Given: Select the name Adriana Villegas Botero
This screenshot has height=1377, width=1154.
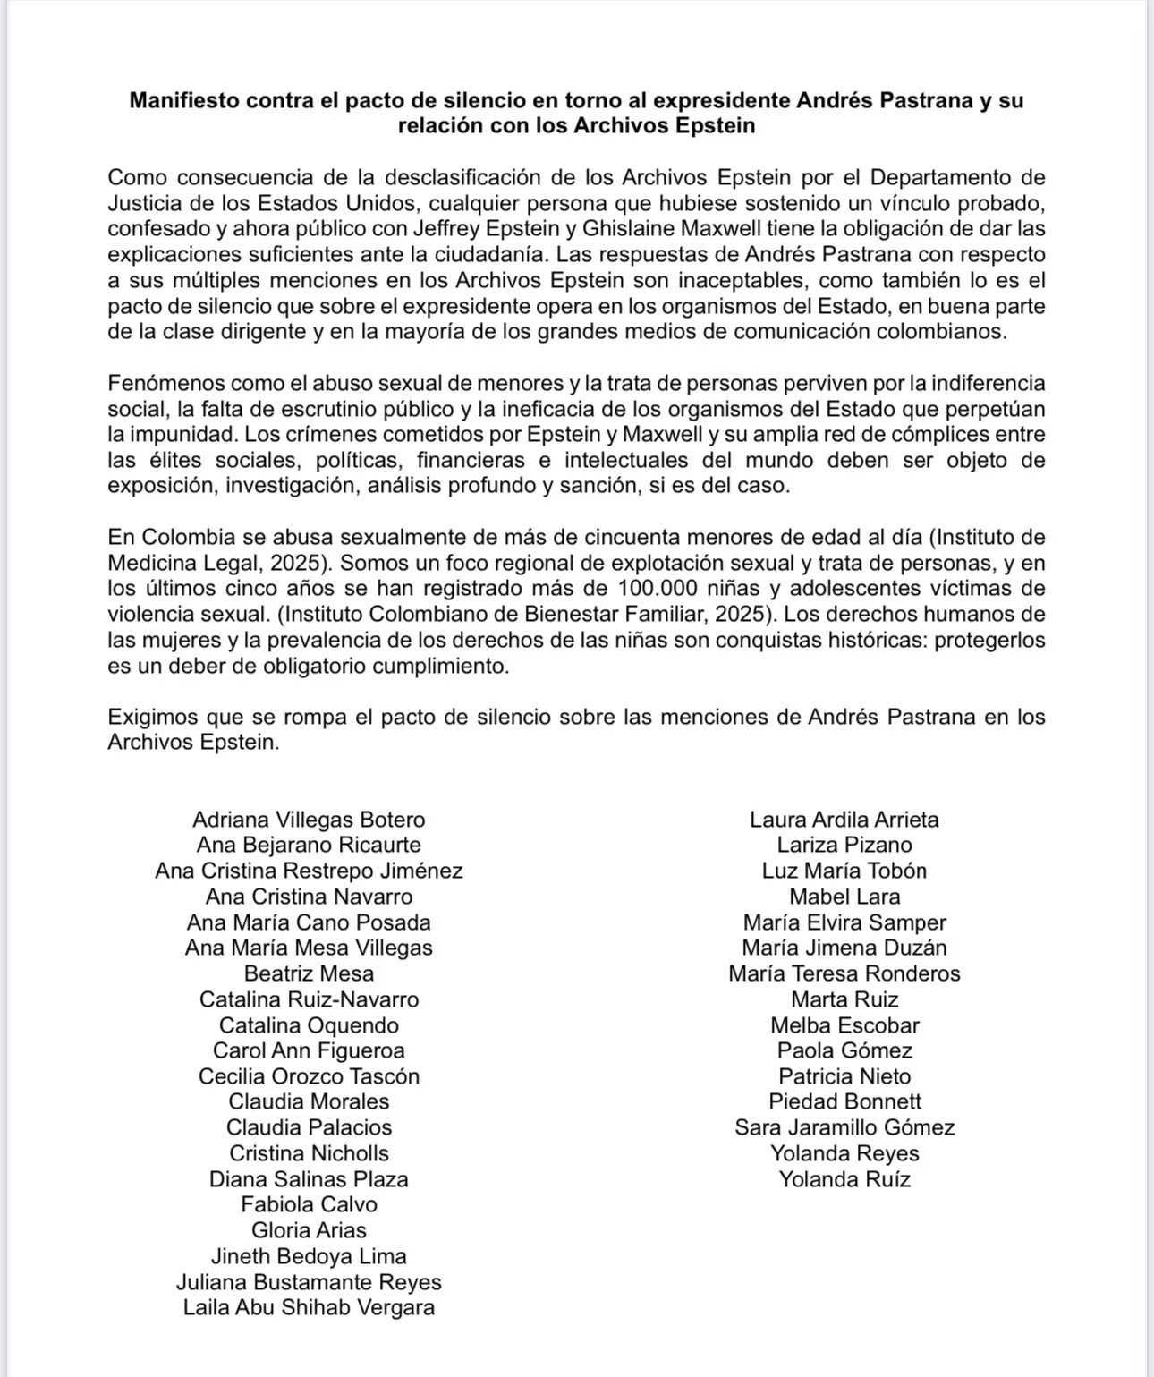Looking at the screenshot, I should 309,820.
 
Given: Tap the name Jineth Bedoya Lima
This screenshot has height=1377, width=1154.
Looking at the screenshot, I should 309,1256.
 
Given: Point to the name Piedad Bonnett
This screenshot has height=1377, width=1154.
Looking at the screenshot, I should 844,1101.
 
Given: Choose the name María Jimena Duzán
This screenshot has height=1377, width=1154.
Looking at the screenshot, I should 844,948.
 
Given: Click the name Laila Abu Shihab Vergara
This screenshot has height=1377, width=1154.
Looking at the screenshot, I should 309,1307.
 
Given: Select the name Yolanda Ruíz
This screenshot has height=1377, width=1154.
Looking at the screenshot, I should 844,1179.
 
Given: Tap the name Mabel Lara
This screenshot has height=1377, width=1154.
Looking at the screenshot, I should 844,897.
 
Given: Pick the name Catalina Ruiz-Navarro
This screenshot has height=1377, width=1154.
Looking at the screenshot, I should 309,999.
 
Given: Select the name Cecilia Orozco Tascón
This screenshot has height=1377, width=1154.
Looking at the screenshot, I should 309,1076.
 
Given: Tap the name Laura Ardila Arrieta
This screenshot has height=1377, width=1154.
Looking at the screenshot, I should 844,820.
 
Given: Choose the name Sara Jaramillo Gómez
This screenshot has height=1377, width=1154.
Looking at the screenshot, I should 844,1127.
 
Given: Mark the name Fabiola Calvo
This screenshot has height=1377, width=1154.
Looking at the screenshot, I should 309,1204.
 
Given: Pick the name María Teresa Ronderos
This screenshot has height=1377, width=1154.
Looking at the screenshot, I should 844,973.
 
